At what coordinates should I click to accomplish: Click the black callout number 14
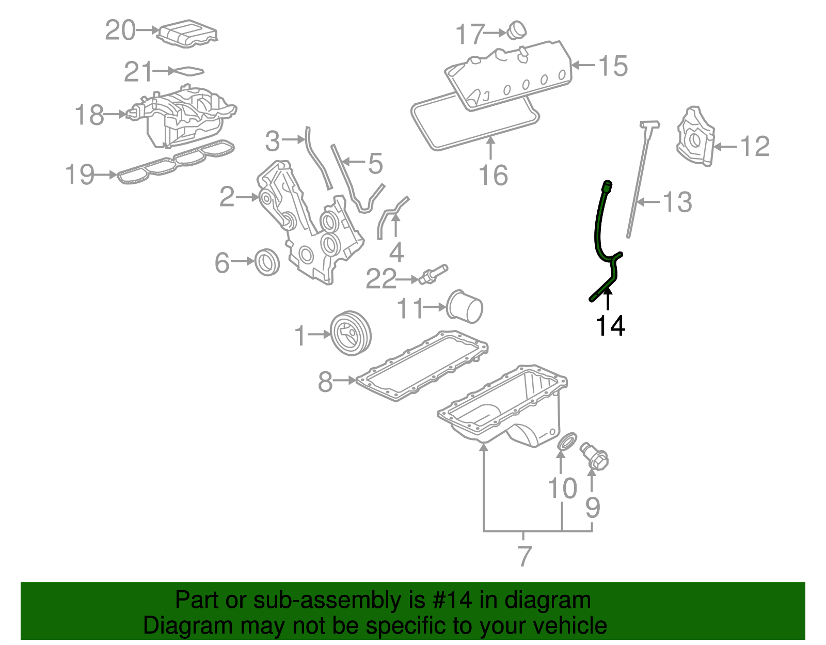coord(610,326)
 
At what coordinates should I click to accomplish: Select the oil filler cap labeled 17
coord(515,30)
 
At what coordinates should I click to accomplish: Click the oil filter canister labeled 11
coord(465,306)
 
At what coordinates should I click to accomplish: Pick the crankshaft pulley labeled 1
coord(350,333)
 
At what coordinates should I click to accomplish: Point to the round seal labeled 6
coord(267,262)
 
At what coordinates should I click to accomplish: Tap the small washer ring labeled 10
coord(567,442)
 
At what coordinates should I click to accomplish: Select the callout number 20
coord(120,30)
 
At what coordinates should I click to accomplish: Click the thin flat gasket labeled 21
coord(186,71)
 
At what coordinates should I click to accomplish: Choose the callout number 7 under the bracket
coord(524,556)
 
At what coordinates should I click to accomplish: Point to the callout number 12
coord(755,147)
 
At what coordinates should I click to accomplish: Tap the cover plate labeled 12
coord(695,137)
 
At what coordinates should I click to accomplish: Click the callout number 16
coord(494,176)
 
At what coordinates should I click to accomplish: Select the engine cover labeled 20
coord(187,35)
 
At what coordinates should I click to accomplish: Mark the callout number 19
coord(80,175)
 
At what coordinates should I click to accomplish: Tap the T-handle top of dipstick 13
coord(650,124)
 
